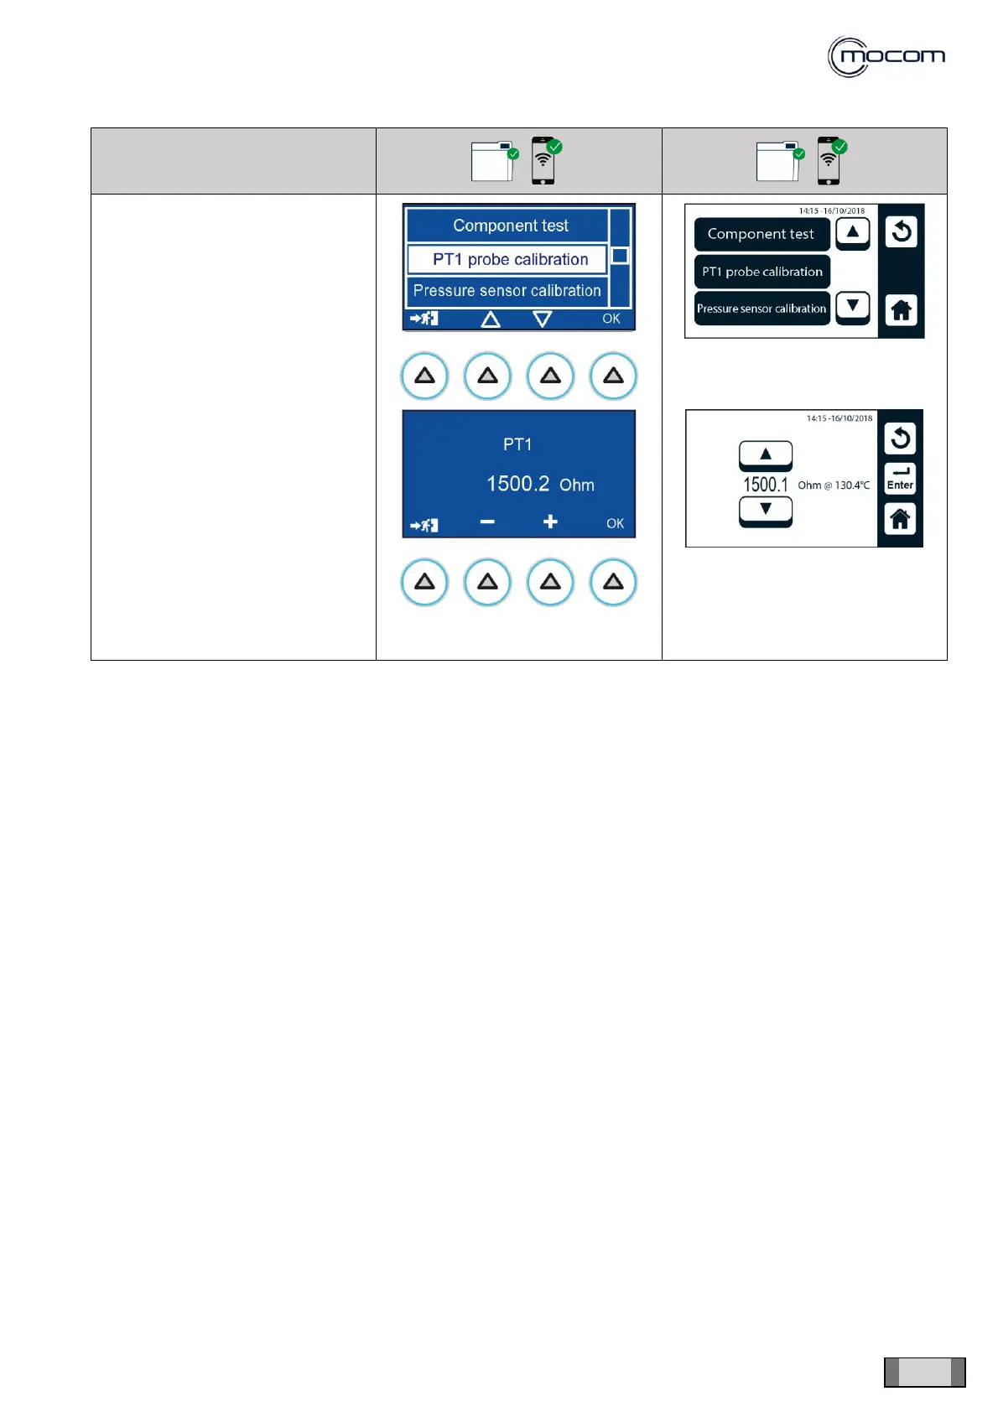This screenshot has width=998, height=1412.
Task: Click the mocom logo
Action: (886, 57)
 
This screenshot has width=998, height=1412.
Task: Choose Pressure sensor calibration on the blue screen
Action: (507, 291)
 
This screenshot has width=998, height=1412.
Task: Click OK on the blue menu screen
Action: (611, 319)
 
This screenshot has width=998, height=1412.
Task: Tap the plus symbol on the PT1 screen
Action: (550, 522)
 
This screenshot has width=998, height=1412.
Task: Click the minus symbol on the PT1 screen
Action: (487, 522)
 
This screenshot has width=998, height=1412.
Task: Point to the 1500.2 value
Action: (518, 484)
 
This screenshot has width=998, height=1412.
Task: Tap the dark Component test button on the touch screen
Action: (761, 234)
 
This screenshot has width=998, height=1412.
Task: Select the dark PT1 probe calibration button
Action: (761, 272)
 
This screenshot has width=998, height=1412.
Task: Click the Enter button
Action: (900, 479)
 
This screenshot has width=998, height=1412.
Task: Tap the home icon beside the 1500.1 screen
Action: (900, 519)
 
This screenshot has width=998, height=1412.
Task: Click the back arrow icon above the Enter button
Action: (900, 438)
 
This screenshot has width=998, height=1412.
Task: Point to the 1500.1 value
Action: (766, 485)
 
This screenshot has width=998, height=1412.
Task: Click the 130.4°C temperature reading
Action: (852, 485)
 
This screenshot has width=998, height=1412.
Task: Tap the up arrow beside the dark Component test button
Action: (853, 232)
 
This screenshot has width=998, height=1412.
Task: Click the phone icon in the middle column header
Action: (543, 160)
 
